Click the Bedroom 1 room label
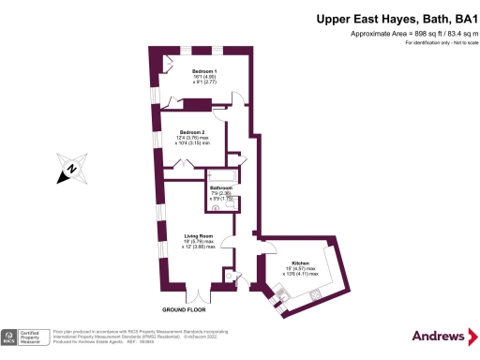204,71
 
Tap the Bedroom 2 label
191,132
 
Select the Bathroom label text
221,187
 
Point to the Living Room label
198,235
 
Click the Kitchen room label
300,263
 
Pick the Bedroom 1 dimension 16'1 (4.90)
204,78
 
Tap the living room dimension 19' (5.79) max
198,242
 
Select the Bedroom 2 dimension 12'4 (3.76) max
192,139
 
